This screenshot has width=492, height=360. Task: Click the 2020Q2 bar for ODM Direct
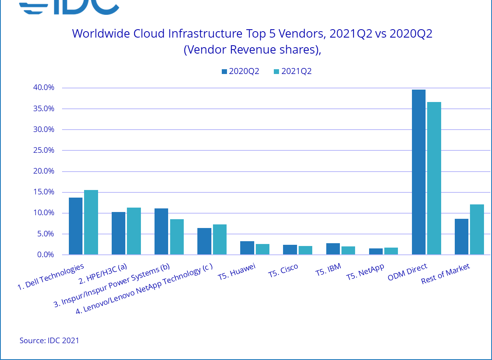419,172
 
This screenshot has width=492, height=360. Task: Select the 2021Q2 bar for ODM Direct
434,178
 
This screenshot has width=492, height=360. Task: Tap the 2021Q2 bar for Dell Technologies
91,222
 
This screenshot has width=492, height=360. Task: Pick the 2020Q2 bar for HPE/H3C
118,233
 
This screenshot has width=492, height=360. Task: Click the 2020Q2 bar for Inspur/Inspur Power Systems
161,232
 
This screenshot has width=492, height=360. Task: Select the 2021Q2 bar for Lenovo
220,240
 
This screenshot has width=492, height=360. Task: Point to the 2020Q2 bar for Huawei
247,248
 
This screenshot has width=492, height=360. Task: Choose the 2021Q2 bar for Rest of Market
477,230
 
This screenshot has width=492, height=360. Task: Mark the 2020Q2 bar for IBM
333,249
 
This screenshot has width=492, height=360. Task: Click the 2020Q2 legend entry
240,72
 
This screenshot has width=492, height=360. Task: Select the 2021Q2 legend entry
293,72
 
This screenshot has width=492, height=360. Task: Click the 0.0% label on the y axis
46,255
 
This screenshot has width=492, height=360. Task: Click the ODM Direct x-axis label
408,272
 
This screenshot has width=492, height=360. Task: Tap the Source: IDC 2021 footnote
49,341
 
